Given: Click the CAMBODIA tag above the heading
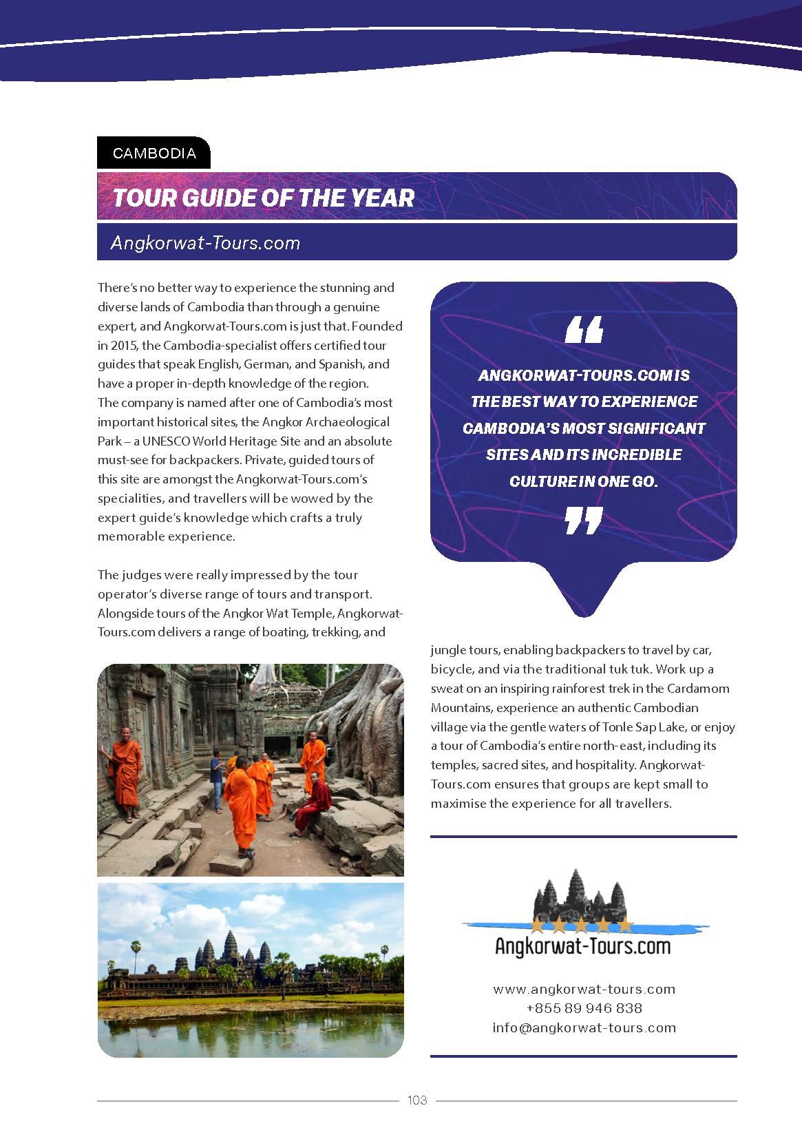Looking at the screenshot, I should tap(154, 153).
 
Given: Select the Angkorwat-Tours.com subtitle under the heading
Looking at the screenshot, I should tap(206, 243).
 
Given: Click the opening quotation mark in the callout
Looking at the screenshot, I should tap(584, 330).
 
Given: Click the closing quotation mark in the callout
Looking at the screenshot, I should tap(584, 521).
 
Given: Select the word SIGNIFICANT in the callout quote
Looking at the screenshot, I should tap(653, 428).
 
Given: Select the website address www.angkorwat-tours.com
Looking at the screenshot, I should tap(584, 990).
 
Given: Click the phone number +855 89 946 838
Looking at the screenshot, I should tap(584, 1008).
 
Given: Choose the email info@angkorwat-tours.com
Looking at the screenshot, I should tap(584, 1027).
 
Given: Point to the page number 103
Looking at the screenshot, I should tap(417, 1100).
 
